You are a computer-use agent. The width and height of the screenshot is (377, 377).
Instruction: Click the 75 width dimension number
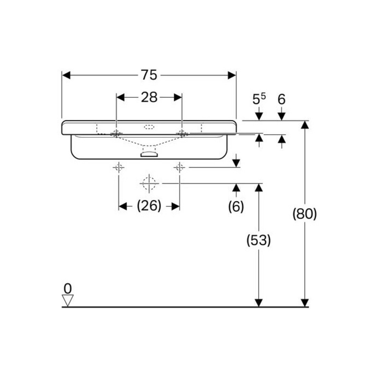[x=149, y=75]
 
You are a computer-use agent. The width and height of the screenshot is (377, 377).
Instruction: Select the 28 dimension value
[x=149, y=97]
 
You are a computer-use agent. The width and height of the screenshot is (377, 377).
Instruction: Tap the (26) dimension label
[x=149, y=206]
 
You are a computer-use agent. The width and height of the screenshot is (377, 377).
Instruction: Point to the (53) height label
[x=258, y=240]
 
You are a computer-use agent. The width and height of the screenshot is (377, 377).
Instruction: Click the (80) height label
[x=305, y=214]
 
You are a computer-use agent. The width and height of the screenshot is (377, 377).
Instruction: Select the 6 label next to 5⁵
[x=281, y=99]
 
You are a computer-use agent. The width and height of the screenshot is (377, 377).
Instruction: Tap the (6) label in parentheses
[x=236, y=206]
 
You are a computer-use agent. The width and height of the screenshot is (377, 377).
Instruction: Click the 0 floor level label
[x=68, y=289]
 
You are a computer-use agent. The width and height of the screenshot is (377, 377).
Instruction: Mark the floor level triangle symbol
[x=68, y=301]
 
